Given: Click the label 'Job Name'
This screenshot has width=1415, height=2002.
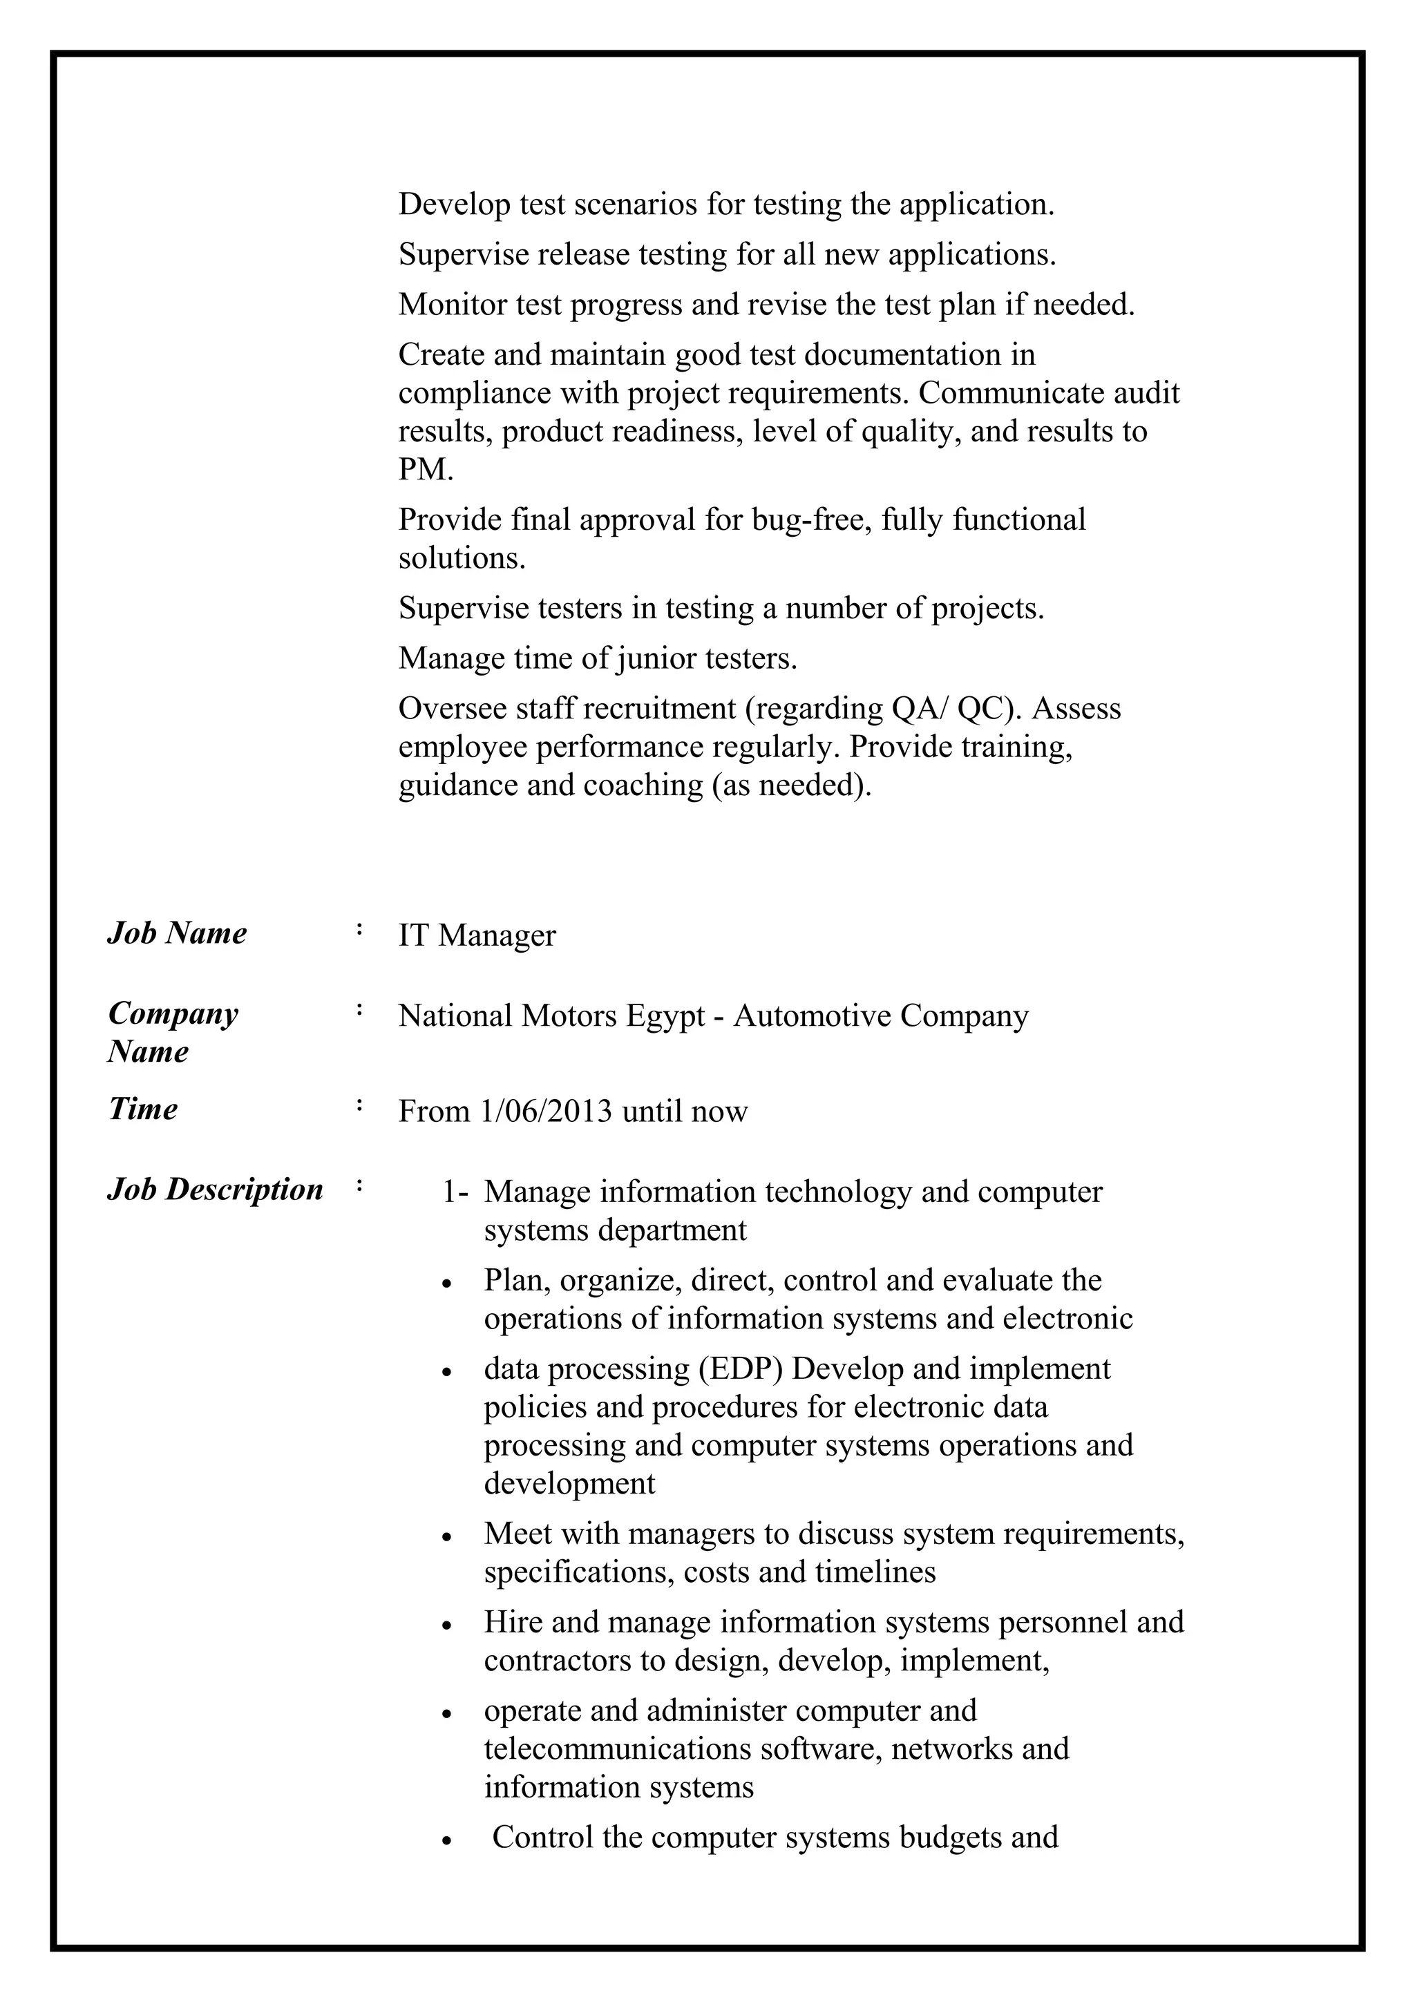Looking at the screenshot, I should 177,933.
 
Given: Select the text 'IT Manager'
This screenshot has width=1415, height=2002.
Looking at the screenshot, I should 477,935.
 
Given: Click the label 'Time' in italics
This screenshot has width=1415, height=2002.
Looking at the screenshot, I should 143,1109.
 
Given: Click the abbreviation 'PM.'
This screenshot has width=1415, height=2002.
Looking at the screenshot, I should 426,469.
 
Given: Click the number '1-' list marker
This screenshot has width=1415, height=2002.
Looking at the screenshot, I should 455,1192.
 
